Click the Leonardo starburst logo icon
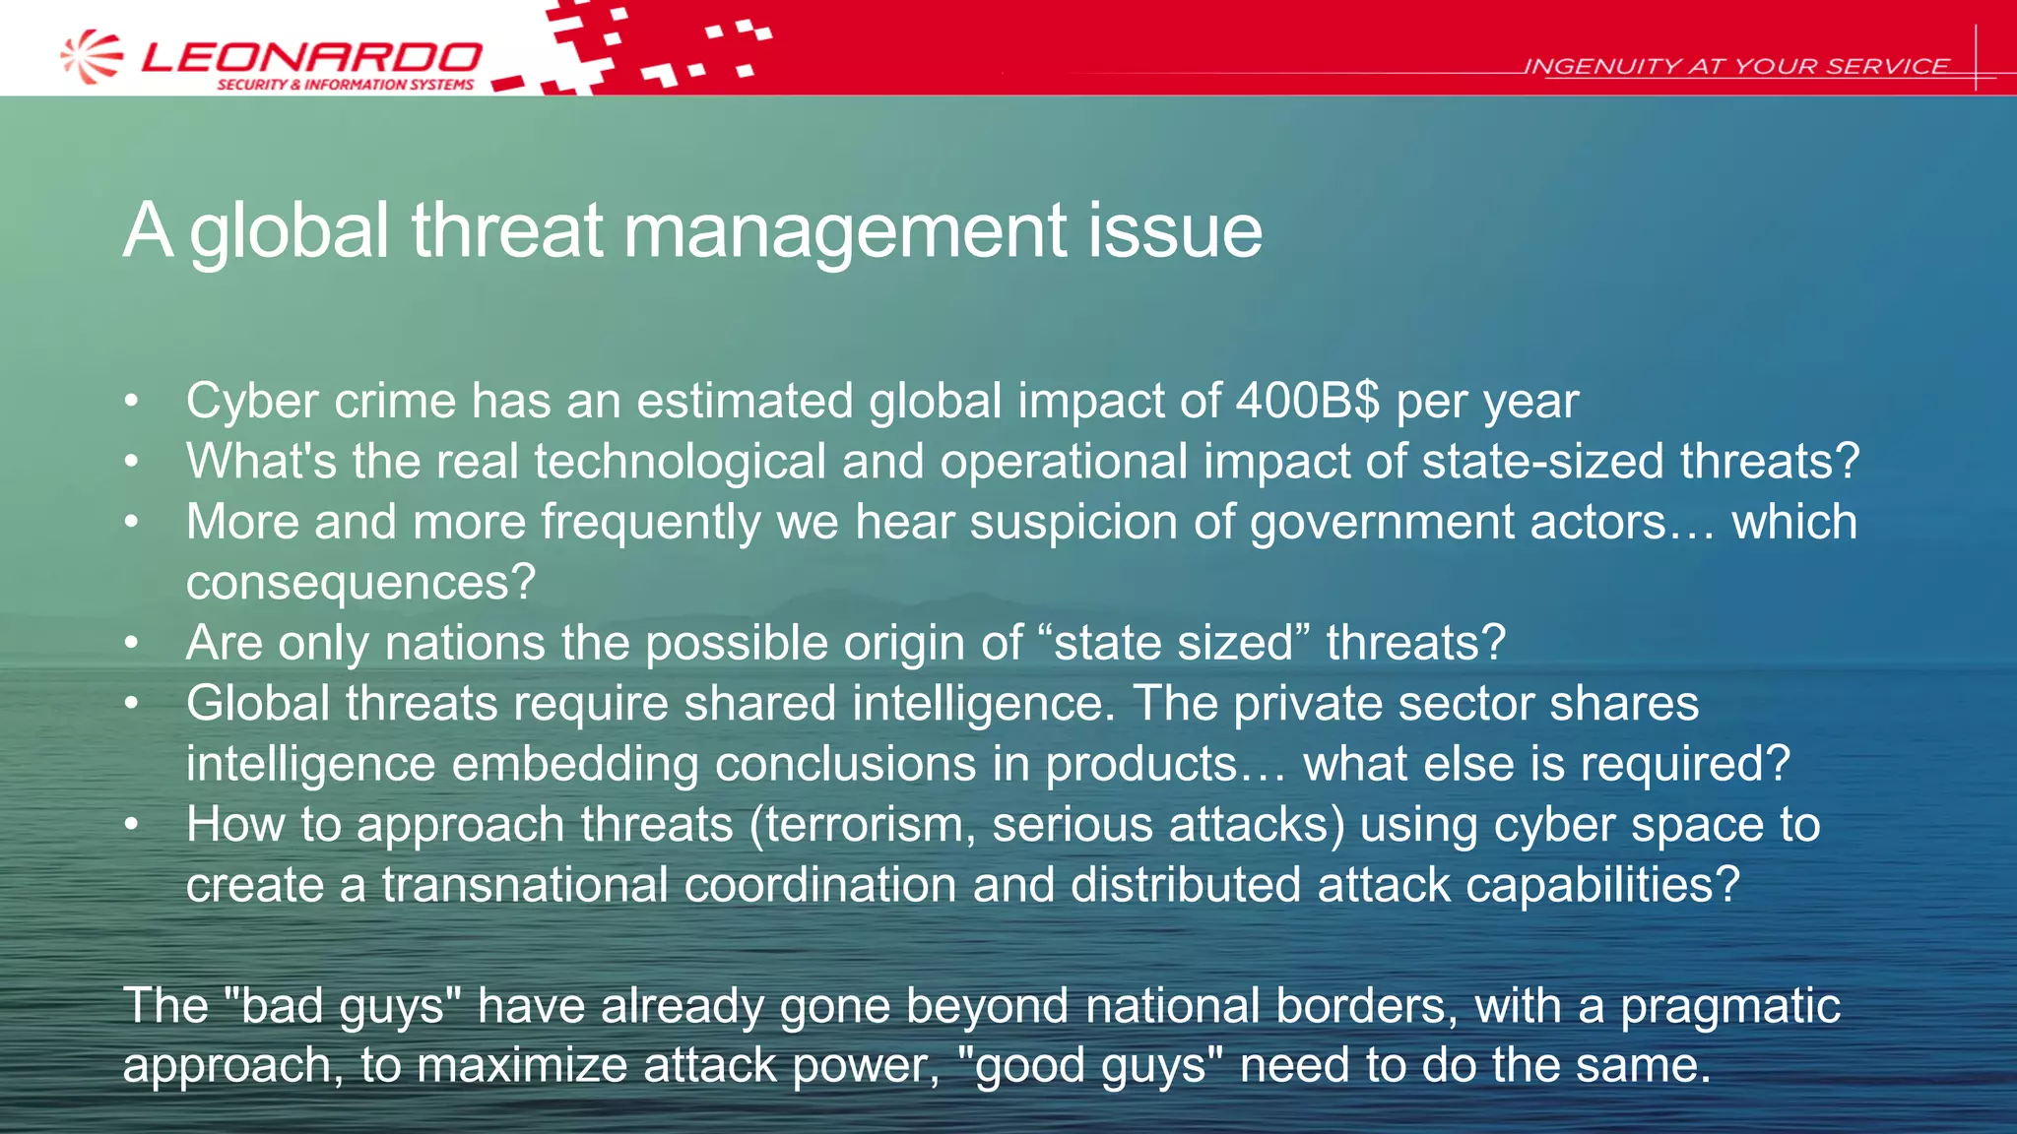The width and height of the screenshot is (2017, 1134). coord(92,56)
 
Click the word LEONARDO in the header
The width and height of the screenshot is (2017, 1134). coord(311,57)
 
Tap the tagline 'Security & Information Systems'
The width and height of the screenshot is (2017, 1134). coord(345,85)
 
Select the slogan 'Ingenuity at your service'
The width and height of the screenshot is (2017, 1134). coord(1735,66)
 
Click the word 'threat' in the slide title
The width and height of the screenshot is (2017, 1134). coord(506,230)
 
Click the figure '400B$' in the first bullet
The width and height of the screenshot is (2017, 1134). coord(1308,401)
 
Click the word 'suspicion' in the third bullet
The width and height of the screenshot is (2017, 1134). coord(1074,522)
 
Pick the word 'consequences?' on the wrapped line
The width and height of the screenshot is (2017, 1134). coord(360,583)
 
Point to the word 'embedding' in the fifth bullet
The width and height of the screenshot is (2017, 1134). coord(575,765)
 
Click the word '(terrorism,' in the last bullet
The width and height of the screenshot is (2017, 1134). coord(862,825)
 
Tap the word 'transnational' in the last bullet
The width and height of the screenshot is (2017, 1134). coord(525,885)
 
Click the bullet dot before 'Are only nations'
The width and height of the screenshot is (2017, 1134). coord(132,643)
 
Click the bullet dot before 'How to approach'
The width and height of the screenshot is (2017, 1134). coord(132,825)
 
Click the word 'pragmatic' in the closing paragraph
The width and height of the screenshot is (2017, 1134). coord(1729,1006)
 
